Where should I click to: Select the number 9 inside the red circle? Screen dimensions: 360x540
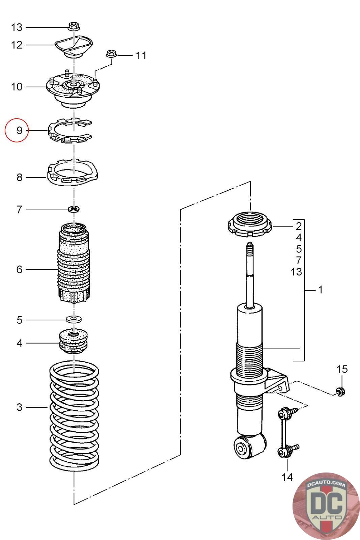click(x=20, y=130)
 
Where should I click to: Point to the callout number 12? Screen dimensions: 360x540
click(x=17, y=45)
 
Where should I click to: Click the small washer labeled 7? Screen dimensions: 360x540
click(x=74, y=209)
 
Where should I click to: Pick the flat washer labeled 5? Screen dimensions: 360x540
click(x=74, y=319)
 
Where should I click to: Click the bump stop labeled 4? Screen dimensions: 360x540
click(x=74, y=341)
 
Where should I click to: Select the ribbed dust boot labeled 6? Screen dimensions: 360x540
click(x=74, y=263)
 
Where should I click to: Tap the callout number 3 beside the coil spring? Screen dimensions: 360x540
click(x=20, y=407)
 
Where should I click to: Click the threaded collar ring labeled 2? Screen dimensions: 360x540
click(x=250, y=224)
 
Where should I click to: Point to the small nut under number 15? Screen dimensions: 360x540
click(x=340, y=391)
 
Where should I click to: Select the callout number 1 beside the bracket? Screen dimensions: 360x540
click(x=320, y=290)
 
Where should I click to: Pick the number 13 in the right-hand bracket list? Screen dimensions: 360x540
click(x=296, y=272)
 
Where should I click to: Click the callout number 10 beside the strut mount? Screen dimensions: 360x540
click(x=17, y=87)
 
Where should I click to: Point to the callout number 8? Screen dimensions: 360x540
click(x=20, y=178)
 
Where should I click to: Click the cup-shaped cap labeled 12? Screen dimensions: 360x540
click(x=74, y=46)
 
